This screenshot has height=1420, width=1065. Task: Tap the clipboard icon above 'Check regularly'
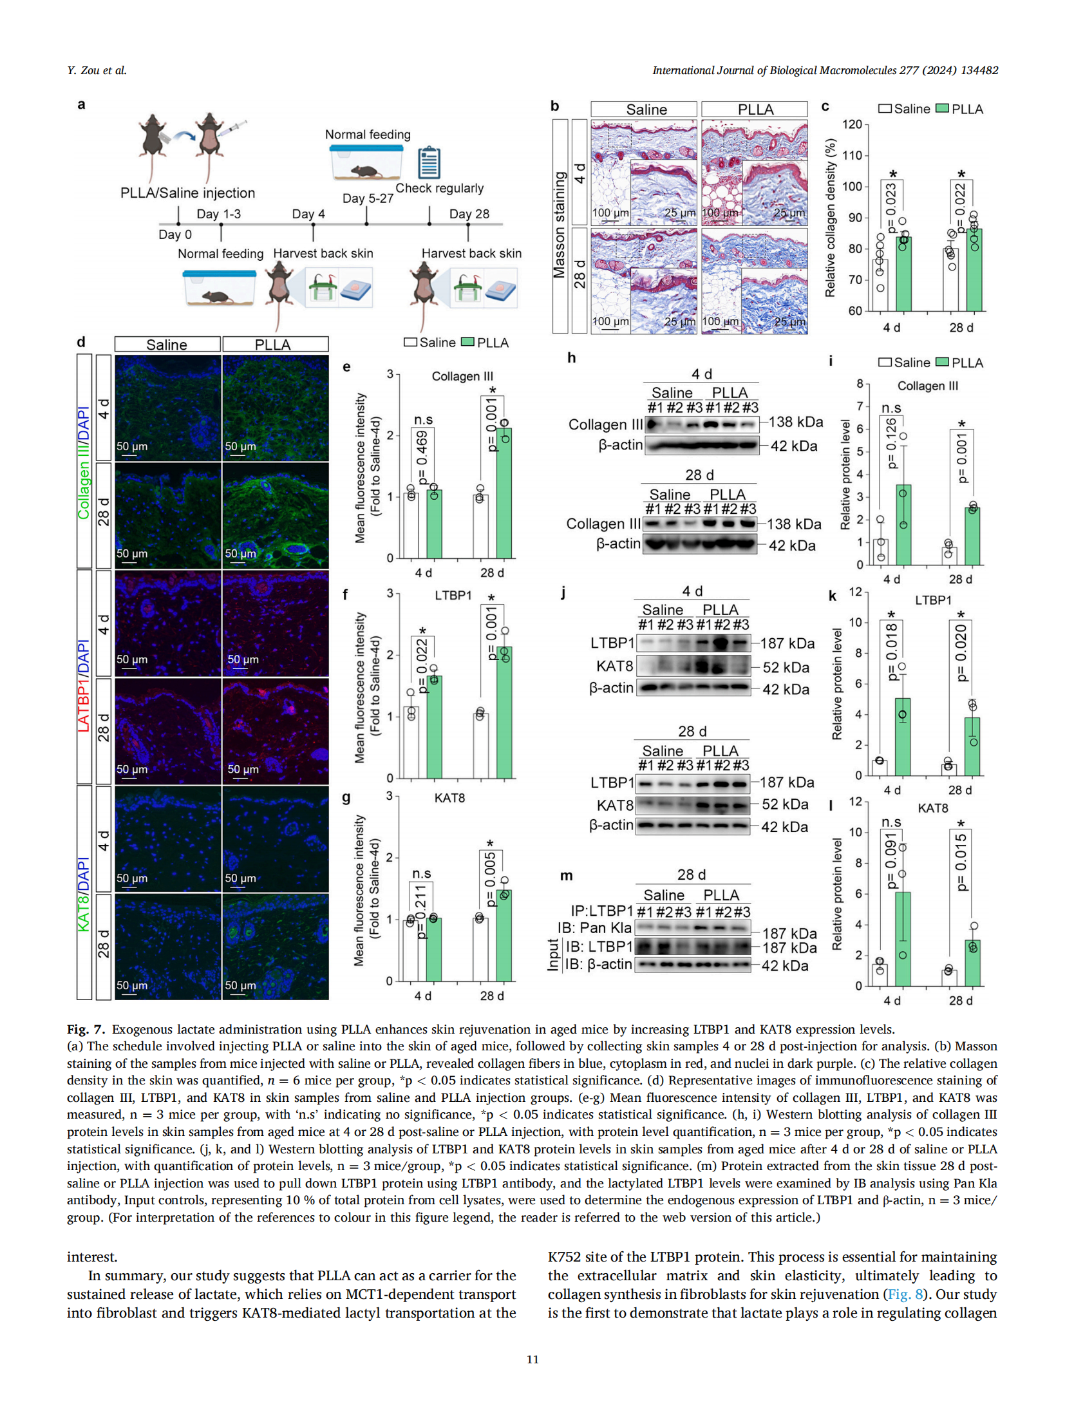[428, 162]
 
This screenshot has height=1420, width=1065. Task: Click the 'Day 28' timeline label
[469, 214]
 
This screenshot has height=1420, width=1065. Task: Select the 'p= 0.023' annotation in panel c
[891, 207]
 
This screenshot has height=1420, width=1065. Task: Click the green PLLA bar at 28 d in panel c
[974, 270]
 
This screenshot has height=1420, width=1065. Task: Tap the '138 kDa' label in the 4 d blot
[796, 422]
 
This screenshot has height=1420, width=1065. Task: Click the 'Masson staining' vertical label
[559, 225]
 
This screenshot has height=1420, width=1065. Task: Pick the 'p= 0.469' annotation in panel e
[422, 457]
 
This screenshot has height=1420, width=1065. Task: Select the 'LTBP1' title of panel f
[453, 595]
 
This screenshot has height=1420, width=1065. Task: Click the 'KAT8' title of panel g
[449, 798]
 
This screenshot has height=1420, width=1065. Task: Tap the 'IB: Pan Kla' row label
[594, 927]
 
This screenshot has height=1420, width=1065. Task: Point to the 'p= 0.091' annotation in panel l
[891, 861]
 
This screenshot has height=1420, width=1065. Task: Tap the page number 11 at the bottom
[532, 1359]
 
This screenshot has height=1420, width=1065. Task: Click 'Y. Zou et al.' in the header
[97, 70]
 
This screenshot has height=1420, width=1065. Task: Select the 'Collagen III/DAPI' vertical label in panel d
[84, 462]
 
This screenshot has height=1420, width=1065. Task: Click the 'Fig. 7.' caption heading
[86, 1029]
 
